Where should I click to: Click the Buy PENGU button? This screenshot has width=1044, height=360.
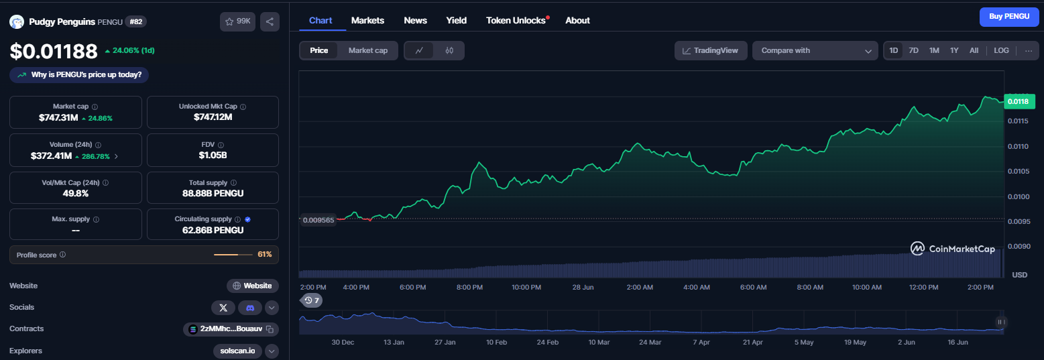pos(1009,17)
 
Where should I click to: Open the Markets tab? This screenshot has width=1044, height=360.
pos(367,21)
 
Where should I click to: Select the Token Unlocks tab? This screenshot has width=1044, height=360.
pos(516,21)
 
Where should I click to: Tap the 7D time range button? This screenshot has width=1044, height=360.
pos(913,50)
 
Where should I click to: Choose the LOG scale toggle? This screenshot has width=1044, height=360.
pos(1001,50)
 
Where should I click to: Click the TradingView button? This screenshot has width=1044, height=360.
pos(711,50)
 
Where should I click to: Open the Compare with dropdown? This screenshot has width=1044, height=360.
pos(815,50)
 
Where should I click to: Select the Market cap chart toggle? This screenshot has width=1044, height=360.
pos(367,50)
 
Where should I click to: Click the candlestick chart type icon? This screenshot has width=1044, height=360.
pos(449,50)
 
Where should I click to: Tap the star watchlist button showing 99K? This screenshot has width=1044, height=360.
pos(237,21)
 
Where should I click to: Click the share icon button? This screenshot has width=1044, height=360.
pos(270,21)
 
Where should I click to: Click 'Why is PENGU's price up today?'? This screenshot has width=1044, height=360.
pos(79,75)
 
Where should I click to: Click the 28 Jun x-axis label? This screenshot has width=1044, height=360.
pos(583,288)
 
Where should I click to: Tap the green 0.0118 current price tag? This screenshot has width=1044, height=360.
pos(1019,101)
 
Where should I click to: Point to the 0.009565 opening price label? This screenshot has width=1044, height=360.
pos(318,220)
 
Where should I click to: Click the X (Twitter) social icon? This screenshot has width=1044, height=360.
pos(223,307)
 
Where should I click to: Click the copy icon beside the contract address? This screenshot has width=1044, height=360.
pos(270,329)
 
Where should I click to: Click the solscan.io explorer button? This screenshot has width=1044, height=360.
pos(237,351)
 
